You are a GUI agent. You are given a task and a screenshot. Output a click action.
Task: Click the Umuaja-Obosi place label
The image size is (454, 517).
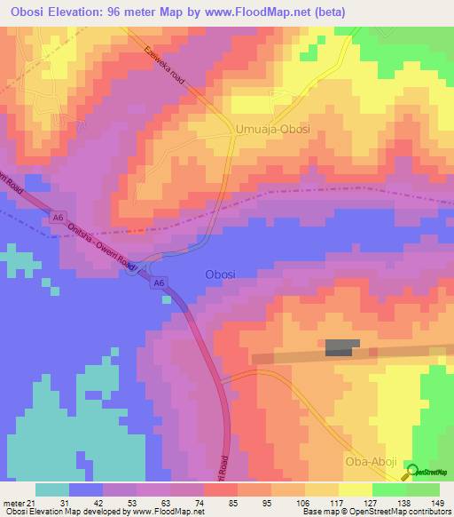274,130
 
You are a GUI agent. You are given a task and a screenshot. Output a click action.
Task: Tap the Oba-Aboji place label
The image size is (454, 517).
372,464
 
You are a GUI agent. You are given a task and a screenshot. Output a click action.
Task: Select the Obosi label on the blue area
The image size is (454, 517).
220,274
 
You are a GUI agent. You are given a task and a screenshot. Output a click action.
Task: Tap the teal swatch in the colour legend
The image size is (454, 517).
52,489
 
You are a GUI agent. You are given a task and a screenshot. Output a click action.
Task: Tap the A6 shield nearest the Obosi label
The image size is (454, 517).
159,282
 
